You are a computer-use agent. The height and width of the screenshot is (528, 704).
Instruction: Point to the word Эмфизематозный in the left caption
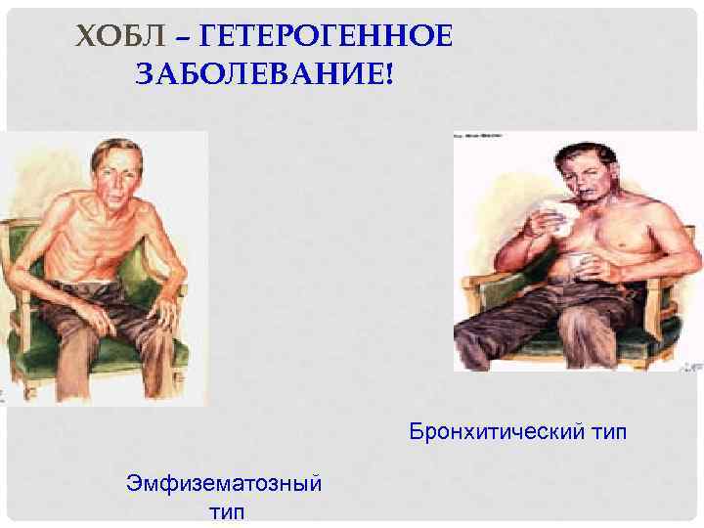tap(225, 482)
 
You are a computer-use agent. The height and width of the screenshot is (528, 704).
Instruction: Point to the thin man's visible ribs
tap(103, 244)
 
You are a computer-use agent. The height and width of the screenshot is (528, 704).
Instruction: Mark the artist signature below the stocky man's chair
tap(692, 365)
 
